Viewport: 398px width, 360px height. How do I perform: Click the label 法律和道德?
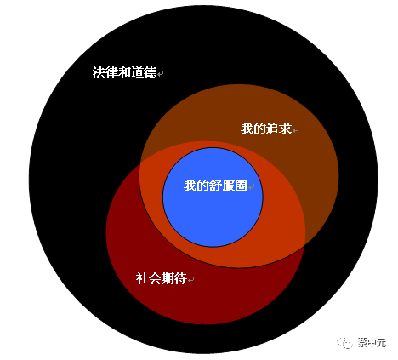(124, 72)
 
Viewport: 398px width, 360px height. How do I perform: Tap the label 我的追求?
(266, 129)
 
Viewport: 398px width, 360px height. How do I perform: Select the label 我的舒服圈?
(216, 186)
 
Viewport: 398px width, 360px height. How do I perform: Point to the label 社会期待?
(162, 278)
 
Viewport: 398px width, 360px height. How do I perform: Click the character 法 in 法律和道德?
(99, 72)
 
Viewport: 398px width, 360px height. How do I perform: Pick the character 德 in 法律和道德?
(151, 72)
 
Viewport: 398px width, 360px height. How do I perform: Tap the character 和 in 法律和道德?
(124, 72)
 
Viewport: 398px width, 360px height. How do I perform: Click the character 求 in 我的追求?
(286, 129)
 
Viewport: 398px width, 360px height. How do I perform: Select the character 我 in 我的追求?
(247, 129)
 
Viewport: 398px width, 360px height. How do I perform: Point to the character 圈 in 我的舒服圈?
(242, 186)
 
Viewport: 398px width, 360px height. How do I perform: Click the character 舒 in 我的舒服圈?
(216, 186)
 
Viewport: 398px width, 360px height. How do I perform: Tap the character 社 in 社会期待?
(142, 278)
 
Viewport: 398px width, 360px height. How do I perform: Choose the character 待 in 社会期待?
(181, 278)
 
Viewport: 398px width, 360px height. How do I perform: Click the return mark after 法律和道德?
(161, 74)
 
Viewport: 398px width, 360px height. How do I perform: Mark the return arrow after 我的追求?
(296, 130)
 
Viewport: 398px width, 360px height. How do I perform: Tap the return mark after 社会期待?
(191, 280)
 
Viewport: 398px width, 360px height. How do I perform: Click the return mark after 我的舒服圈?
(252, 187)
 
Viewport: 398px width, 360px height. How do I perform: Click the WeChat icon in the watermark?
(344, 343)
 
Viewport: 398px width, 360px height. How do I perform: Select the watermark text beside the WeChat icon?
(372, 343)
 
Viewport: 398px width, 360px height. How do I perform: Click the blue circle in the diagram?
(213, 197)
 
